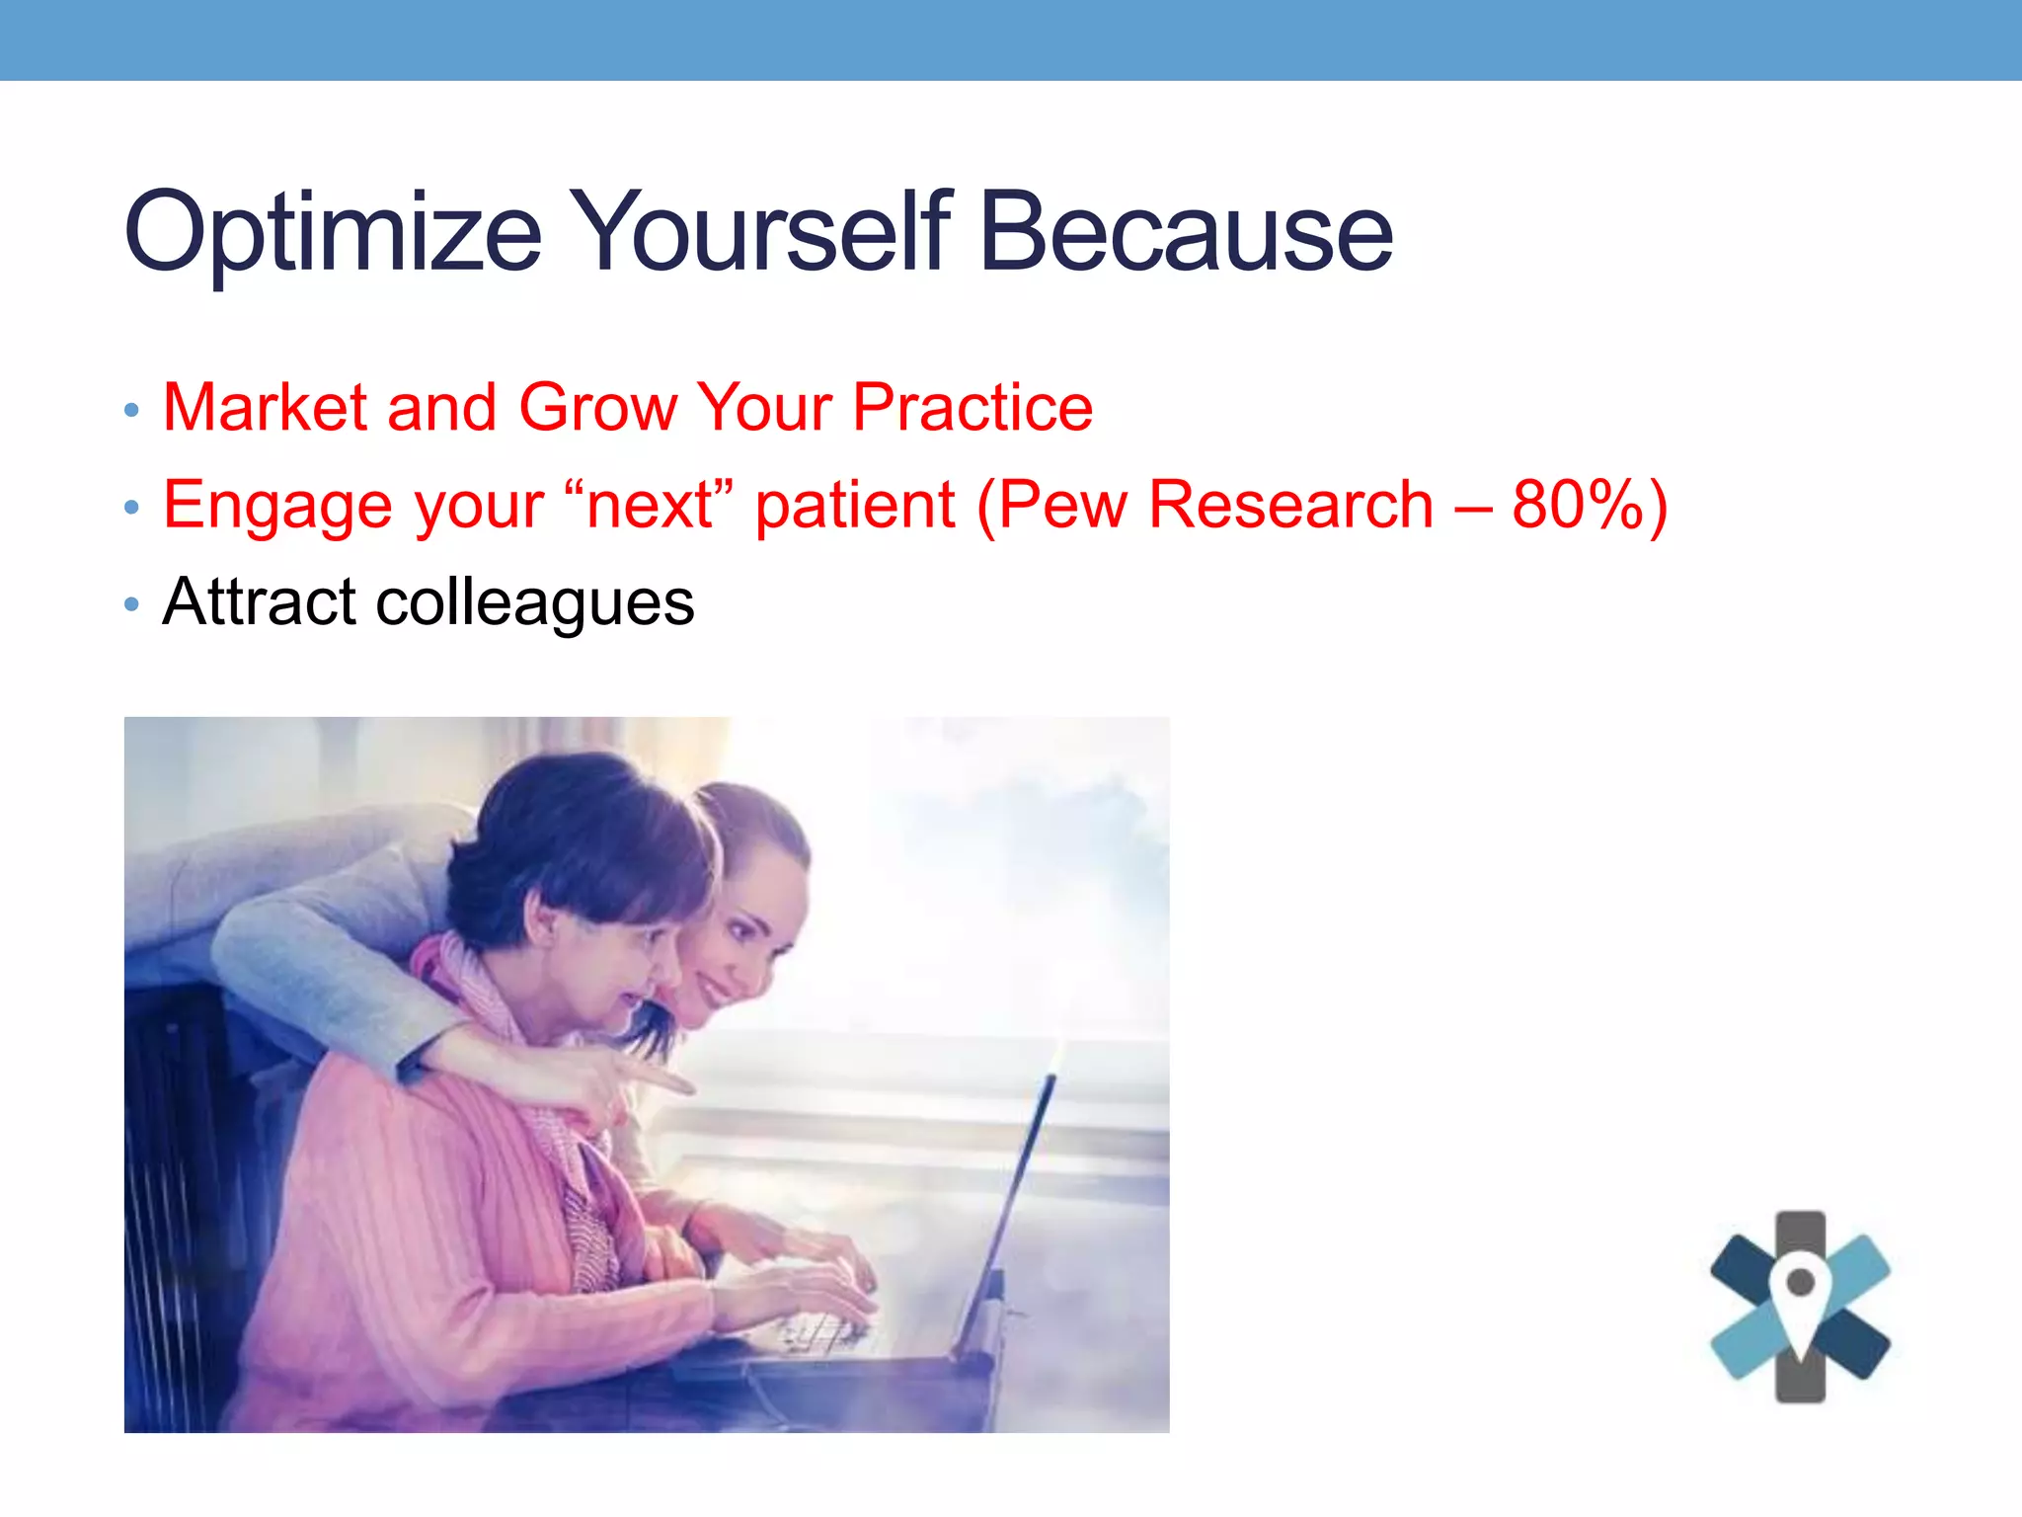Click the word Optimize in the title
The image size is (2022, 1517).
click(x=333, y=233)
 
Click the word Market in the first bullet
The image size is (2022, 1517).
click(x=266, y=407)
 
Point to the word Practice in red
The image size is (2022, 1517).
click(x=972, y=407)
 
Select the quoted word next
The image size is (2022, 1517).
click(x=650, y=506)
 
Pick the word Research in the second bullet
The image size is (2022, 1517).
click(x=1291, y=506)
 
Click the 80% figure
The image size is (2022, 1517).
click(x=1577, y=506)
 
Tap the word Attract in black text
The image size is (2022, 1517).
click(x=259, y=601)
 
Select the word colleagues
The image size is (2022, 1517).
click(x=535, y=603)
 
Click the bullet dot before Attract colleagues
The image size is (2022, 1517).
click(x=132, y=603)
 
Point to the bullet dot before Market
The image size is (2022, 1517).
click(x=132, y=410)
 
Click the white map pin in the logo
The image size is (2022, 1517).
click(x=1800, y=1295)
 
